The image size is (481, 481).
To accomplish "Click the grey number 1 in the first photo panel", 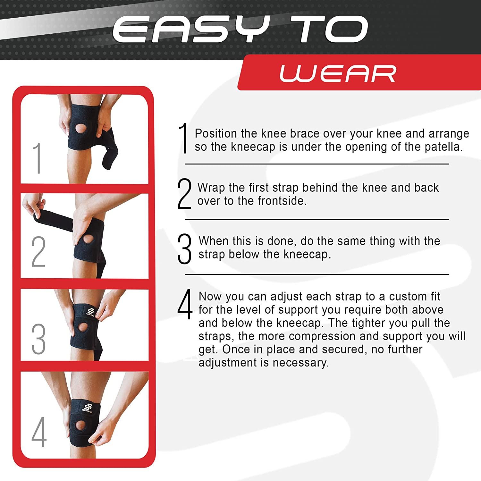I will click(x=37, y=158).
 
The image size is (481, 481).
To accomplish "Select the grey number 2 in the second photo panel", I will click(x=38, y=251).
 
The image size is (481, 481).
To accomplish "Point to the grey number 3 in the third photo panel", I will click(x=38, y=339).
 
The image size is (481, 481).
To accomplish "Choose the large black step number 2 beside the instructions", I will click(x=184, y=194).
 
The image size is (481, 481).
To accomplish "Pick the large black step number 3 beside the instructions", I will click(x=184, y=249).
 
